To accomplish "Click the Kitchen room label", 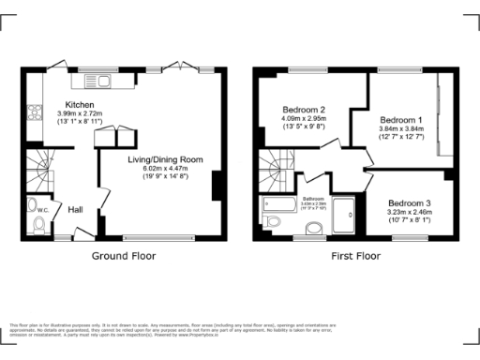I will pos(79,104).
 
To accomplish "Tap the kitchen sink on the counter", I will pos(97,81).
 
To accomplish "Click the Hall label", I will pos(76,209).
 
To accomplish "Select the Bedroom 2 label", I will pos(304,110).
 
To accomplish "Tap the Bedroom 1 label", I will pos(400,121).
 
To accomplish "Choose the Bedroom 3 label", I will pos(410,203).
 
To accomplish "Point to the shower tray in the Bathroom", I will pos(344,216).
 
